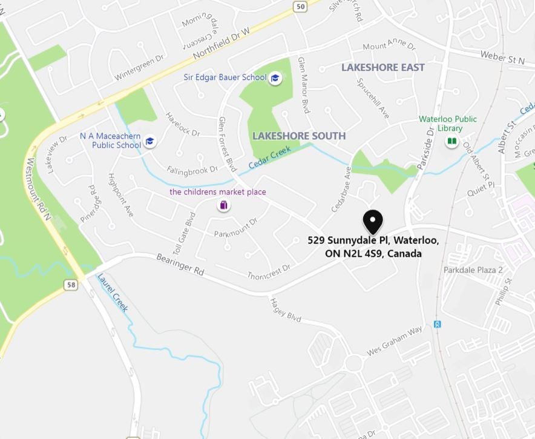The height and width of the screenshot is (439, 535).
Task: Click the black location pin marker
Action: pyautogui.click(x=373, y=222)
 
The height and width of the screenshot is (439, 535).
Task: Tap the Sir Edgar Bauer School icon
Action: pyautogui.click(x=275, y=78)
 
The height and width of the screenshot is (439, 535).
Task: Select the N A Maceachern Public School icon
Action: pyautogui.click(x=150, y=141)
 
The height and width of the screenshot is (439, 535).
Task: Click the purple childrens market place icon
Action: pyautogui.click(x=223, y=205)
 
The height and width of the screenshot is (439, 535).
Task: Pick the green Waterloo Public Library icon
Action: pyautogui.click(x=451, y=141)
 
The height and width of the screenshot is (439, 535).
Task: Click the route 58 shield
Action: pyautogui.click(x=72, y=284)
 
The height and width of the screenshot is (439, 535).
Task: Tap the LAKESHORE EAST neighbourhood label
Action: pyautogui.click(x=383, y=67)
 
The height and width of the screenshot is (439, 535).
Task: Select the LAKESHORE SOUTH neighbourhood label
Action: pyautogui.click(x=299, y=136)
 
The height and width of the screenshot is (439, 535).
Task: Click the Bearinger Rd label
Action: pyautogui.click(x=180, y=265)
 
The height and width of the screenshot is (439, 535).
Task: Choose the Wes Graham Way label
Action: pyautogui.click(x=394, y=342)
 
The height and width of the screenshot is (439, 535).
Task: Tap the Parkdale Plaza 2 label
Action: pyautogui.click(x=473, y=270)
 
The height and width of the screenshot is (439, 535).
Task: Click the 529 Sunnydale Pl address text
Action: pyautogui.click(x=373, y=247)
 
